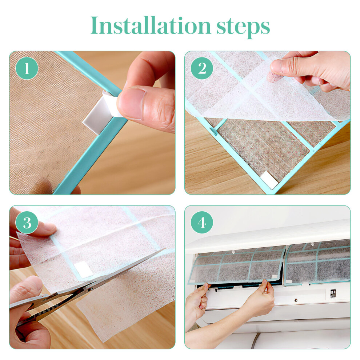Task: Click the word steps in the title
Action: (243, 28)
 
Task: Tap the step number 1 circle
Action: (27, 68)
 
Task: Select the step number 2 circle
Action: (202, 68)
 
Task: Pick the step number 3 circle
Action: (27, 223)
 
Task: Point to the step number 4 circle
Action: (202, 223)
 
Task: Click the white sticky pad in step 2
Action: (269, 180)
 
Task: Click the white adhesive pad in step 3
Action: (83, 268)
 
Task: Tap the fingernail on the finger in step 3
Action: (49, 227)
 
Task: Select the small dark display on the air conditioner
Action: (333, 293)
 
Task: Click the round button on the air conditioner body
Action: (296, 300)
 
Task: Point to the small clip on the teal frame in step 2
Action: (213, 131)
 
